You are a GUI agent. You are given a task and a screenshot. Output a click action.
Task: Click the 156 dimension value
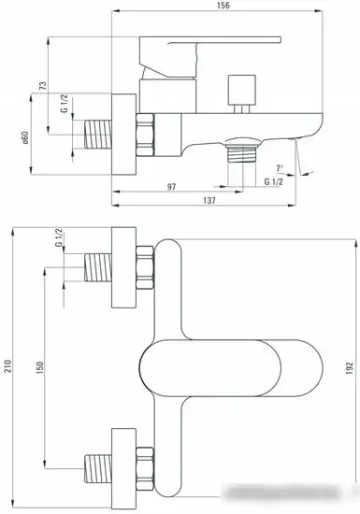click(x=223, y=6)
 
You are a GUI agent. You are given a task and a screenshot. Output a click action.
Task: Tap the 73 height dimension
click(x=43, y=86)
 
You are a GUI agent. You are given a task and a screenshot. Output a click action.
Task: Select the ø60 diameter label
click(x=25, y=137)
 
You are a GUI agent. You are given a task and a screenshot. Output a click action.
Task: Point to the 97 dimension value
click(x=171, y=187)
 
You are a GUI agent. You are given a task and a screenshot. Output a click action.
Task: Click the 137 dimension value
click(x=209, y=200)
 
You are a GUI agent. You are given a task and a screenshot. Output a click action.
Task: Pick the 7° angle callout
click(x=280, y=168)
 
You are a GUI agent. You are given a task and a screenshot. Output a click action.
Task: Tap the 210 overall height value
click(x=7, y=366)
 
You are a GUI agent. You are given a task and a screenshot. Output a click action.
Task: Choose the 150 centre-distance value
click(x=39, y=368)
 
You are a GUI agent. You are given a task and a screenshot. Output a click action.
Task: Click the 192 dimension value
click(x=350, y=368)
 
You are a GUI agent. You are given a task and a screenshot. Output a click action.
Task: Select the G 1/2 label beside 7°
click(x=273, y=181)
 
